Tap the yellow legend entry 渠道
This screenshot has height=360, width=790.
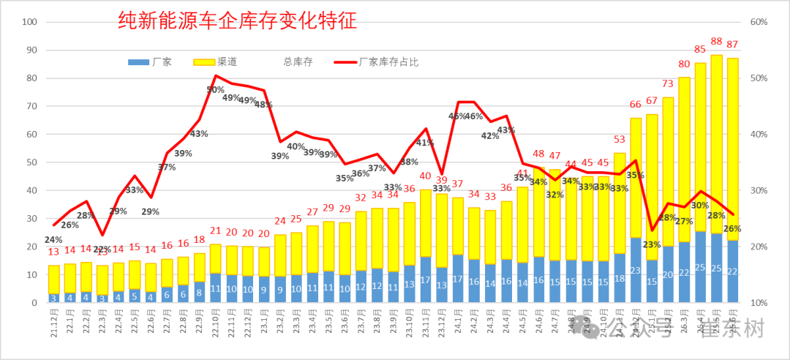point(216,62)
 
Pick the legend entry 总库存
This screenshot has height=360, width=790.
point(298,62)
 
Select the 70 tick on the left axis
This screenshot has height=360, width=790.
point(31,106)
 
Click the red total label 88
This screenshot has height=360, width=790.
point(717,42)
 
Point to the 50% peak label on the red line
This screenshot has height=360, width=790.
point(215,89)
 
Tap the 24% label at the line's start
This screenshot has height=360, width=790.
point(53,239)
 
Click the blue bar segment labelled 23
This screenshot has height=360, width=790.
point(636,270)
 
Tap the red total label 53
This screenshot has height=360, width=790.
point(620,139)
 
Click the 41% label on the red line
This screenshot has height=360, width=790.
point(425,142)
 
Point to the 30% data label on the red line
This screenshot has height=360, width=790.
point(700,206)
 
